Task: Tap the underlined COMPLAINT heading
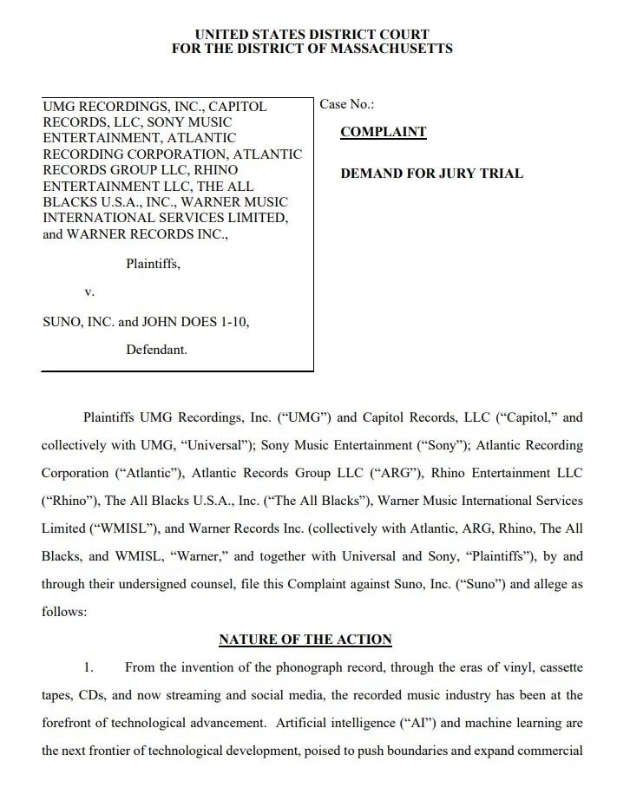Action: [x=383, y=132]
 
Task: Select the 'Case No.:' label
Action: [x=347, y=104]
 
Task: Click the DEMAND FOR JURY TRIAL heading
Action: [x=431, y=174]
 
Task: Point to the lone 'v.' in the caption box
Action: [x=89, y=292]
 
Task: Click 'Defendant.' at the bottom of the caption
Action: [x=156, y=350]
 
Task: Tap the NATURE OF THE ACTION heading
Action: [x=305, y=640]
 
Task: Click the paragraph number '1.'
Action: [x=88, y=667]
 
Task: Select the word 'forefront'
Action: [x=67, y=723]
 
